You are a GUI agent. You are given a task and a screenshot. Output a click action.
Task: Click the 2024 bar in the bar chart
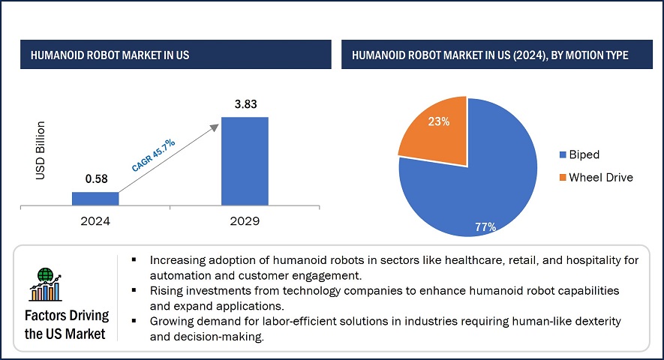(x=95, y=198)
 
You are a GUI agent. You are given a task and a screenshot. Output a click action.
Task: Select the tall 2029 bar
(x=245, y=160)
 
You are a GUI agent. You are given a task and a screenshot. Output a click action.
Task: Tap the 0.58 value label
(x=95, y=180)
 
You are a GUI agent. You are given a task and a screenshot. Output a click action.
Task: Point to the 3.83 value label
(x=245, y=104)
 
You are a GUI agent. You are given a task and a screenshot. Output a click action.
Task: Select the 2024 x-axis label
(x=95, y=222)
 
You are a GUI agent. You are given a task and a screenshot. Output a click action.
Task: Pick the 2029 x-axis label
(x=245, y=222)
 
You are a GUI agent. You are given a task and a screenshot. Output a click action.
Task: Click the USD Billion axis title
(x=41, y=150)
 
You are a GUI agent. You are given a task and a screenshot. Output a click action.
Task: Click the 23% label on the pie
(x=438, y=121)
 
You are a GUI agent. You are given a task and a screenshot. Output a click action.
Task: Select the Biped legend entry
(x=584, y=155)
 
